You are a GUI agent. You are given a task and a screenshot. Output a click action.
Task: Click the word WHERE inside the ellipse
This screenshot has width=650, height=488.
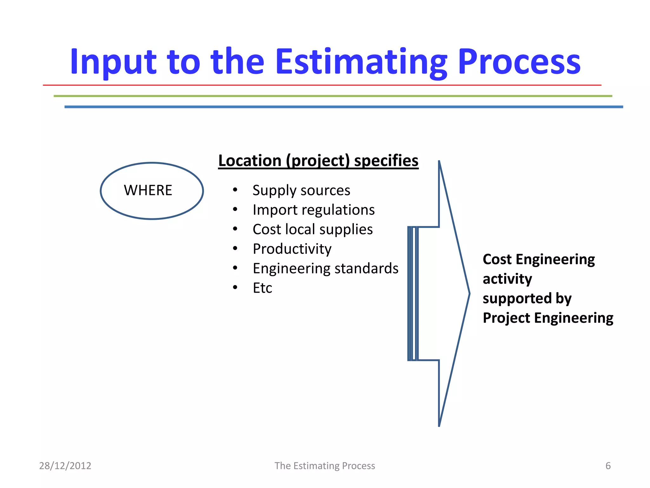148,190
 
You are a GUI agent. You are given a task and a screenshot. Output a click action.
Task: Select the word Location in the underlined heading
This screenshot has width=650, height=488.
250,160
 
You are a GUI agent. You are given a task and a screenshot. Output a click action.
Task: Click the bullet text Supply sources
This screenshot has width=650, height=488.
301,190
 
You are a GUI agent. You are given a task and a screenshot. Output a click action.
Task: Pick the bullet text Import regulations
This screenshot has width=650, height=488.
314,210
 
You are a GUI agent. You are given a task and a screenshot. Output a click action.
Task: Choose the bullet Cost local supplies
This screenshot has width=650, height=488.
313,229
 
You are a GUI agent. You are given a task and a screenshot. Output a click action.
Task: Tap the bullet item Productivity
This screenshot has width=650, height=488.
292,249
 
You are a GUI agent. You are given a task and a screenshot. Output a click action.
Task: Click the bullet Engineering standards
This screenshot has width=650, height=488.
325,268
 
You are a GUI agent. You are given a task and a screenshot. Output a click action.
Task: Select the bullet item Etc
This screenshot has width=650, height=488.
262,288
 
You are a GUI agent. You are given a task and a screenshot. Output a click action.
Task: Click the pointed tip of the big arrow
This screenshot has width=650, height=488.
468,294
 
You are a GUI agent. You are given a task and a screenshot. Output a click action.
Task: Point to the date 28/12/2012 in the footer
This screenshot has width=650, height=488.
65,466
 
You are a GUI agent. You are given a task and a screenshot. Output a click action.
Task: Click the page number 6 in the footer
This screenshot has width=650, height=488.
608,466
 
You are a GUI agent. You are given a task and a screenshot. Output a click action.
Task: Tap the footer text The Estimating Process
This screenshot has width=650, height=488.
325,466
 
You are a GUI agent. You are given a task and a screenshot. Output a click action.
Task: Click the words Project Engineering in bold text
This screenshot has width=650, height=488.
548,318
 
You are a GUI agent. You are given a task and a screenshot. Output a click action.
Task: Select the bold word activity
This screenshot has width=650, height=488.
507,279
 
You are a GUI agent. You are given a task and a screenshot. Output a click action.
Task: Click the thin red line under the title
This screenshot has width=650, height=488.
322,85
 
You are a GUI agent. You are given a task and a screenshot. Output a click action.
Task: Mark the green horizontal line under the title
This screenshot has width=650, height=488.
333,96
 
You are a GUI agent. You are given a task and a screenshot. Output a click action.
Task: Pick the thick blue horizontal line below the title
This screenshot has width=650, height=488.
343,107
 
